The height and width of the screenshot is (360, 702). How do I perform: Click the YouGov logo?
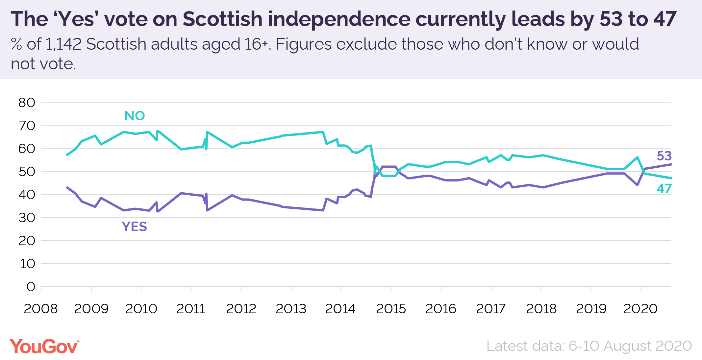44,347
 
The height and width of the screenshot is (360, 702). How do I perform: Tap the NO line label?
135,116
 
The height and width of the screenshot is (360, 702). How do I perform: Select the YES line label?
134,227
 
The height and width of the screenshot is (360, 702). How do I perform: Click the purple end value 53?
664,156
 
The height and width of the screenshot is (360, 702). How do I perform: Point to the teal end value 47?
664,189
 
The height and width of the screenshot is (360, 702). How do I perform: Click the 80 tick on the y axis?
27,103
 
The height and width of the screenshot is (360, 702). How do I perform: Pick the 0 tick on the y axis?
31,287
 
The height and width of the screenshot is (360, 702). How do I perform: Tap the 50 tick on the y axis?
27,172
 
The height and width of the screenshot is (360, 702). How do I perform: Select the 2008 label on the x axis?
40,309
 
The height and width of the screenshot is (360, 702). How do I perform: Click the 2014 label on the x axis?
340,309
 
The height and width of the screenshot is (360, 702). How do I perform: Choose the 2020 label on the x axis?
640,309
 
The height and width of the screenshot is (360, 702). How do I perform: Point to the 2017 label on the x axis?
490,309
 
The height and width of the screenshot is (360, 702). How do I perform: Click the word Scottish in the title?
222,19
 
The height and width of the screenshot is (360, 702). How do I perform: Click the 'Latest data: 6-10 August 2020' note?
589,346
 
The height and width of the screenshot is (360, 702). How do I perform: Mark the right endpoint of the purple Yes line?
671,164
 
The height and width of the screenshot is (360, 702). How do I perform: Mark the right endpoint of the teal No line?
671,178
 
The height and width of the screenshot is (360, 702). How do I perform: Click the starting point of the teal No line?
67,155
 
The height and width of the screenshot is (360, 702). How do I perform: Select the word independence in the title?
339,19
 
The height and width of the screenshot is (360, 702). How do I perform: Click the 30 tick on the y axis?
27,218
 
